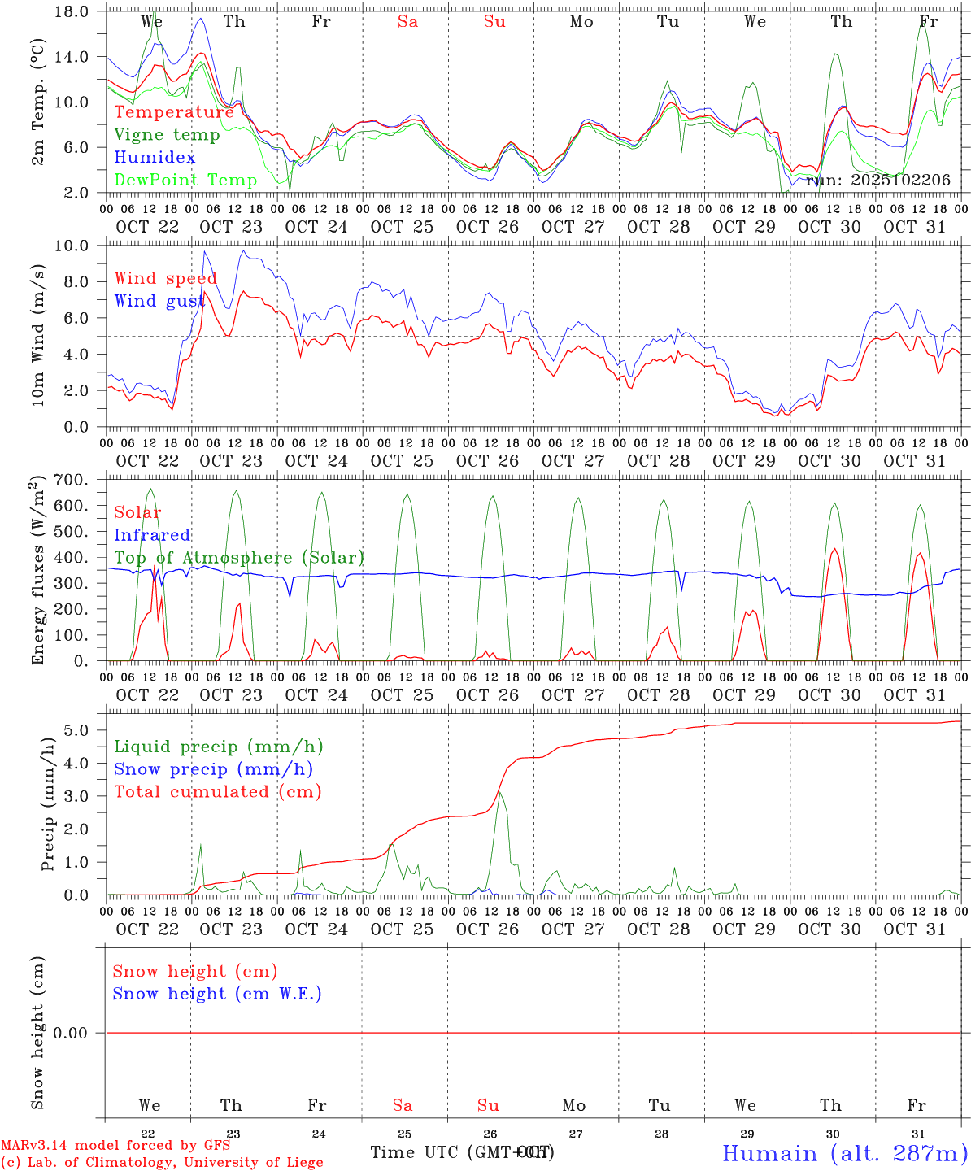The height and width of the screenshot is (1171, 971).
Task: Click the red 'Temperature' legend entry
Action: (x=174, y=112)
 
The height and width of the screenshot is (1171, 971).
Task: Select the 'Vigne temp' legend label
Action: (x=167, y=135)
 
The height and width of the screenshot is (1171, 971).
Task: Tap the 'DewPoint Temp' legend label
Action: (x=185, y=180)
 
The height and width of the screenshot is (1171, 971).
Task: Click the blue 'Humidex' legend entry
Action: (x=155, y=157)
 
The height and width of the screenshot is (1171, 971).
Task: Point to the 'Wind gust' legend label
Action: (x=159, y=301)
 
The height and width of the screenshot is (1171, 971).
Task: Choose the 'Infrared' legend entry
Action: (x=152, y=535)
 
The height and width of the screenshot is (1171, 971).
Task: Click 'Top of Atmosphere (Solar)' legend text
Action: (x=239, y=558)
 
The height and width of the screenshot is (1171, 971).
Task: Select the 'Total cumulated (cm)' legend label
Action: (x=217, y=791)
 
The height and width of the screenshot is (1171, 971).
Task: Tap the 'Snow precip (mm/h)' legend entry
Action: (x=213, y=769)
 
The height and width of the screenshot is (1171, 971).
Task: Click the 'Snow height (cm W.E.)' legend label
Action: (x=217, y=994)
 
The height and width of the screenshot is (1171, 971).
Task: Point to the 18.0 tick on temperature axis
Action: (x=74, y=12)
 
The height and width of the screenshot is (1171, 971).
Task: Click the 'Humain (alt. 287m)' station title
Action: (x=845, y=1153)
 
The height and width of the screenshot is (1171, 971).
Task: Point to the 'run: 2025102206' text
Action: (x=877, y=180)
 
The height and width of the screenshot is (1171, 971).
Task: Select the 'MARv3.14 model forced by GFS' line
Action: (x=115, y=1146)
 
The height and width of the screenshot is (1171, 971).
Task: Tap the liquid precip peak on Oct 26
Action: (x=501, y=793)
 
